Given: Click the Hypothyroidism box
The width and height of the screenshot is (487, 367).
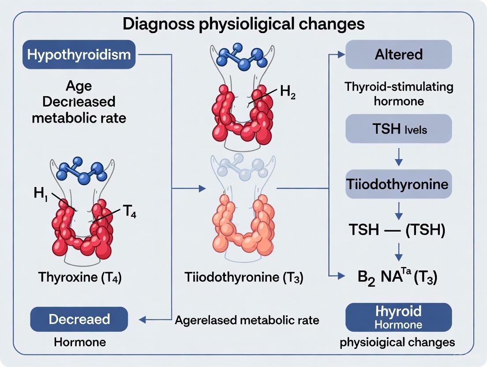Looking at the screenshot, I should point(79,55).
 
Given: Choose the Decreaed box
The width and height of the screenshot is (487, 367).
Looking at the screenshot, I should point(79,319).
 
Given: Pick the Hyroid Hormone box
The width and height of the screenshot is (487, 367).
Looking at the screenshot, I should point(398,317).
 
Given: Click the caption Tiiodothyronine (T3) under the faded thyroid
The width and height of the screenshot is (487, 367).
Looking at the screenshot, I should point(244,278).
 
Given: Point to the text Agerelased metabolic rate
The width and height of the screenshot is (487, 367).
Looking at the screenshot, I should point(247,320).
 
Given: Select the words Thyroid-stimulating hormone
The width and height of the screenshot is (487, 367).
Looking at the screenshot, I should point(398,94).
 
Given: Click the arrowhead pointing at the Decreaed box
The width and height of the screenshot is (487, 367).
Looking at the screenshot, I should point(142,319).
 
